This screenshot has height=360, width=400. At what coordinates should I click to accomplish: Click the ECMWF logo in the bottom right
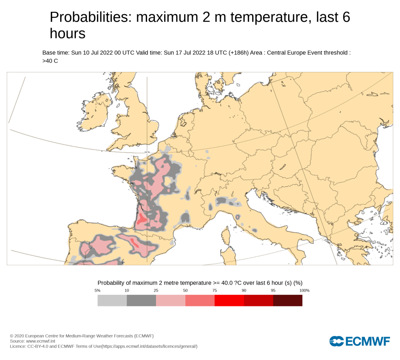pyautogui.click(x=360, y=341)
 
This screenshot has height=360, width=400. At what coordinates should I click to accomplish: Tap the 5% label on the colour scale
pyautogui.click(x=97, y=290)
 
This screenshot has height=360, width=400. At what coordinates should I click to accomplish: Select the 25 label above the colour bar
pyautogui.click(x=156, y=290)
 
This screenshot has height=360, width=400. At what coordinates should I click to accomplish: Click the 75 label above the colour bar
pyautogui.click(x=215, y=290)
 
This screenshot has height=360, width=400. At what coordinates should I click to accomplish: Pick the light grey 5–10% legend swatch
pyautogui.click(x=112, y=301)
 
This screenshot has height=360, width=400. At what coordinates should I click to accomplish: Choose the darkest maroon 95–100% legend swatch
pyautogui.click(x=287, y=301)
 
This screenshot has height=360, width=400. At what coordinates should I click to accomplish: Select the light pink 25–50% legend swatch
pyautogui.click(x=170, y=301)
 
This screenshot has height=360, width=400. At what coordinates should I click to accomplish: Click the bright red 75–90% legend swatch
pyautogui.click(x=229, y=301)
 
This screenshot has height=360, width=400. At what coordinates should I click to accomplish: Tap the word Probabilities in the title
pyautogui.click(x=90, y=17)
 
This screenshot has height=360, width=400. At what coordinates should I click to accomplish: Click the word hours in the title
pyautogui.click(x=67, y=34)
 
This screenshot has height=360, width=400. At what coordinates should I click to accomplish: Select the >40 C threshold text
pyautogui.click(x=50, y=61)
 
